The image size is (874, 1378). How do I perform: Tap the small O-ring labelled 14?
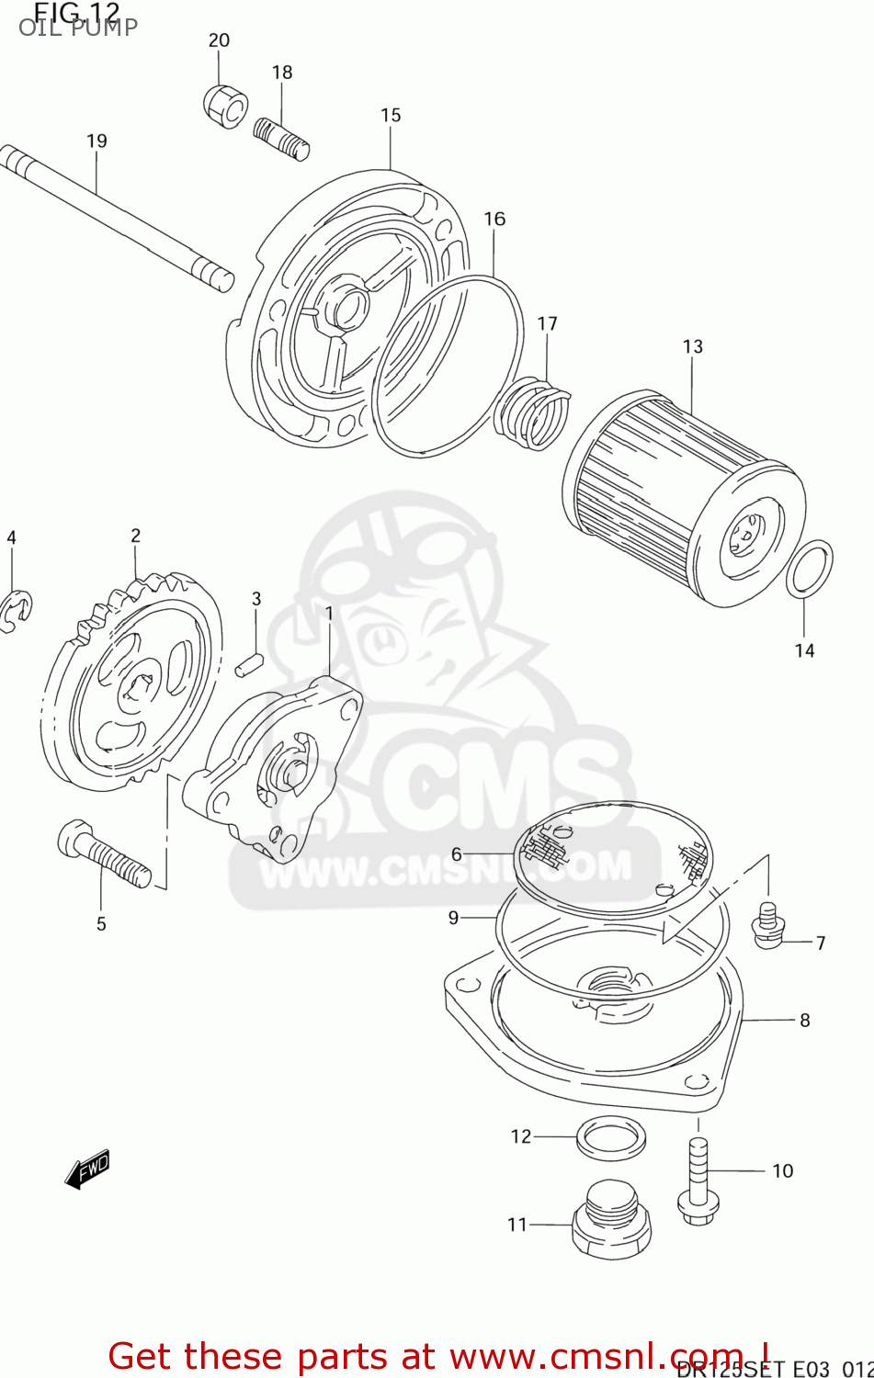tap(810, 570)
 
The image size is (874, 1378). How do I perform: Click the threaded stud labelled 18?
tap(281, 138)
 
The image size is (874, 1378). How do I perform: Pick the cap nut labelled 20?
tap(225, 107)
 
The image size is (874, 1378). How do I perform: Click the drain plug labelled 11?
tap(611, 1223)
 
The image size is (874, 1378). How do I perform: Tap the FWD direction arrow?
tap(87, 1169)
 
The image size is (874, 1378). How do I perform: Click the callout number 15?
tap(391, 115)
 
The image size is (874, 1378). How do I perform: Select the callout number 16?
tap(494, 219)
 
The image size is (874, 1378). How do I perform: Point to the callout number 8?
tap(805, 1020)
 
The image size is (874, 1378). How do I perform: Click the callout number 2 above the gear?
tap(136, 536)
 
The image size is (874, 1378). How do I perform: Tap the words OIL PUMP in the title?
tap(78, 27)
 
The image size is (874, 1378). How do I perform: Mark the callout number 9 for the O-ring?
tap(453, 917)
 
